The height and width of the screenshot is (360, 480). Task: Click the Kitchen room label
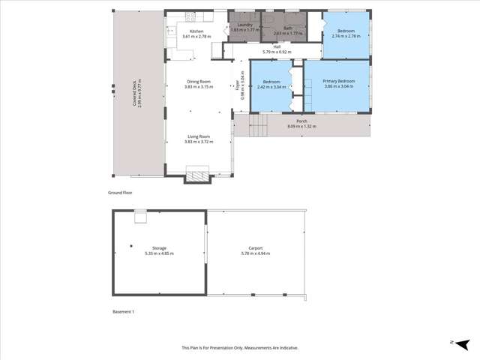tap(197, 31)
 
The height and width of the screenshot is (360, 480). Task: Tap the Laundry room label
tap(243, 25)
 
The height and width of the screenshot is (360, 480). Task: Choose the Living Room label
tap(199, 136)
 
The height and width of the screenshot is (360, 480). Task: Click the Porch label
tap(301, 121)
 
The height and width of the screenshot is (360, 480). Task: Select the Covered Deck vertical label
tap(135, 95)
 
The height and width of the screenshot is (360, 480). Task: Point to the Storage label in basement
tap(158, 247)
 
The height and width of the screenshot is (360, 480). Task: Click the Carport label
tap(256, 247)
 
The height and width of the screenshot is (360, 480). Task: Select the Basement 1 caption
tap(122, 310)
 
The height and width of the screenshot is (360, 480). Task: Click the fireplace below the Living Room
tap(197, 176)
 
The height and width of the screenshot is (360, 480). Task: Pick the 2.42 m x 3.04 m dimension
tap(272, 86)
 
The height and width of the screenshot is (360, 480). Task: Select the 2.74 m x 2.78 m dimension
tap(346, 36)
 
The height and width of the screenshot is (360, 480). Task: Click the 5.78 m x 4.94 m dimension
tap(256, 253)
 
